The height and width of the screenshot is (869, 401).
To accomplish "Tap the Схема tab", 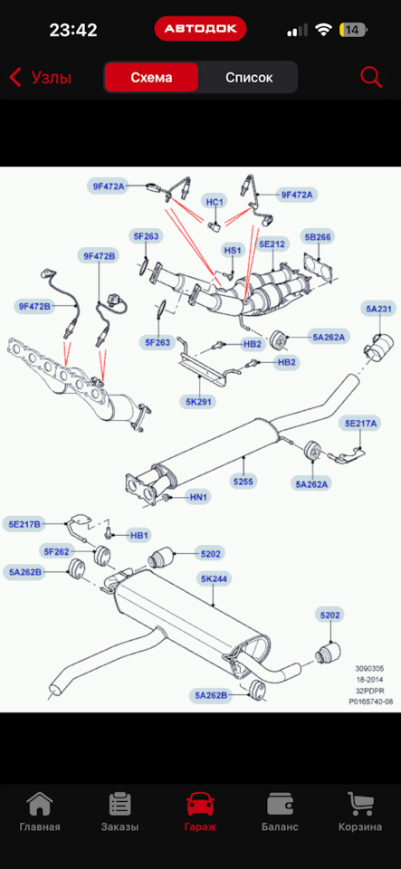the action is [151, 77].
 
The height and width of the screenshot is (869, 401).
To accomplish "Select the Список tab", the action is [249, 77].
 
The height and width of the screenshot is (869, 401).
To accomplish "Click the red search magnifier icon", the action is [371, 77].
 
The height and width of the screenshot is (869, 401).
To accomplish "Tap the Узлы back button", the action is [41, 78].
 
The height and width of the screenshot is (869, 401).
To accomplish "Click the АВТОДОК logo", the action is [200, 28].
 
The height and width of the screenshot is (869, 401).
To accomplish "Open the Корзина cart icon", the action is [360, 804].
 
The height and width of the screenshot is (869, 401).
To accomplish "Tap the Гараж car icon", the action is [200, 804].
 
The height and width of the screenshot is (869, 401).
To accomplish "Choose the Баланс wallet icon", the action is [280, 804].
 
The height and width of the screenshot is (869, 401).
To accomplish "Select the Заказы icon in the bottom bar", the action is [119, 804].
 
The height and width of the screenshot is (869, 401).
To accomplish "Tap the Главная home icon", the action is [40, 804].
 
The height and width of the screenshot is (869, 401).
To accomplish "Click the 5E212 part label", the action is [272, 243].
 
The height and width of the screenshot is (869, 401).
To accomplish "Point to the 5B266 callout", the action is [318, 237].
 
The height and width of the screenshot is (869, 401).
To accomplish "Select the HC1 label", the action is [214, 202].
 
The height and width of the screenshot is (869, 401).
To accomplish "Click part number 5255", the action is [243, 482].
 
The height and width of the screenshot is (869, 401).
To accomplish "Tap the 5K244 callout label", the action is [214, 579].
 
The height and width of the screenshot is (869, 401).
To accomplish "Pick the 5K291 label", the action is [197, 401].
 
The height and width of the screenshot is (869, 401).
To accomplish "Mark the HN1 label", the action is [197, 498].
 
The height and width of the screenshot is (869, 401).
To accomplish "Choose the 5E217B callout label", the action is [23, 523].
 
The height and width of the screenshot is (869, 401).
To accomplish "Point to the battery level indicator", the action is [355, 29].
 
